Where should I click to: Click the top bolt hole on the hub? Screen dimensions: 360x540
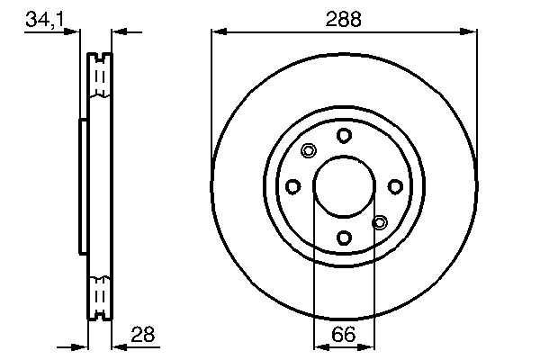[344, 135]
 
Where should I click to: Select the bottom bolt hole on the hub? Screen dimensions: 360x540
[344, 238]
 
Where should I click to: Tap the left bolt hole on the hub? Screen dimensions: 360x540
[292, 186]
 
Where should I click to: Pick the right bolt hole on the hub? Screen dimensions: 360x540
[395, 186]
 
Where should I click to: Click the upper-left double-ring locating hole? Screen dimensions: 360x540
[308, 150]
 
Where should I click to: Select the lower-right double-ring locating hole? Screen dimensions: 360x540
[380, 221]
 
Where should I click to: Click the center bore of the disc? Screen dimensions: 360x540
[344, 186]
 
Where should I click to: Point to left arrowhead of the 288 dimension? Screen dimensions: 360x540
[217, 33]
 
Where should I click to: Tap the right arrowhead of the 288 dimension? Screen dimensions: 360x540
[471, 33]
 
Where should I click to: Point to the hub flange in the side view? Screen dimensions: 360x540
[83, 186]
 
